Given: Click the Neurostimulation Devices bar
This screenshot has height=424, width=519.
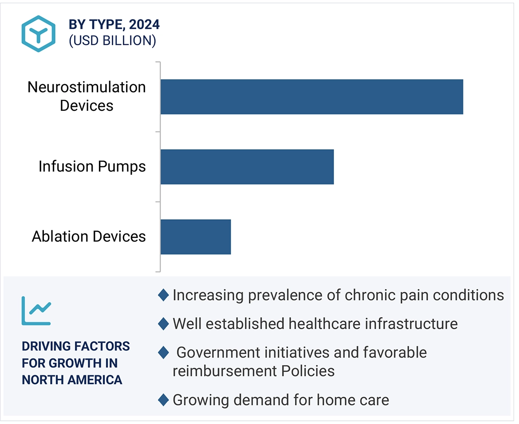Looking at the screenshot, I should pos(311,97).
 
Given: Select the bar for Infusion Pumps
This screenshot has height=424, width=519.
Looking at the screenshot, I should pos(247,167).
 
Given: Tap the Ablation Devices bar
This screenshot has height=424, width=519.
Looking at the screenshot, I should pos(196,237).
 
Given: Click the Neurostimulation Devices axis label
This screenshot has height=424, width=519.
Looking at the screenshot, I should pos(86,96).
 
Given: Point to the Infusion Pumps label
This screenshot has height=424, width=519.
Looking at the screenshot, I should pos(92,167).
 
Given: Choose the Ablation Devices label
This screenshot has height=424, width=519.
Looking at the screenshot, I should pos(89,237).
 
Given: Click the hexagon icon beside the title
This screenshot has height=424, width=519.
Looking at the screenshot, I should pos(39,34).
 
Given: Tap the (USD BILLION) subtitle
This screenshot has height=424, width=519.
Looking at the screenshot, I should pos(112,41).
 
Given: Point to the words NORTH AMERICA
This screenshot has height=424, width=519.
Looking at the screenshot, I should pos(72,380).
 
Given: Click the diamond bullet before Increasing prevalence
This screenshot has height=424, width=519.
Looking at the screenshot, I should pos(164,295).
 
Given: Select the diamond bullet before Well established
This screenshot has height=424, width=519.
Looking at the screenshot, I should pos(164,324).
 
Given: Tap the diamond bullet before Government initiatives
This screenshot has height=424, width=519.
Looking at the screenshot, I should pos(164,353).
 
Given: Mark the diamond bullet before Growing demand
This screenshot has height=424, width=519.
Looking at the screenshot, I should pos(164,400).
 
